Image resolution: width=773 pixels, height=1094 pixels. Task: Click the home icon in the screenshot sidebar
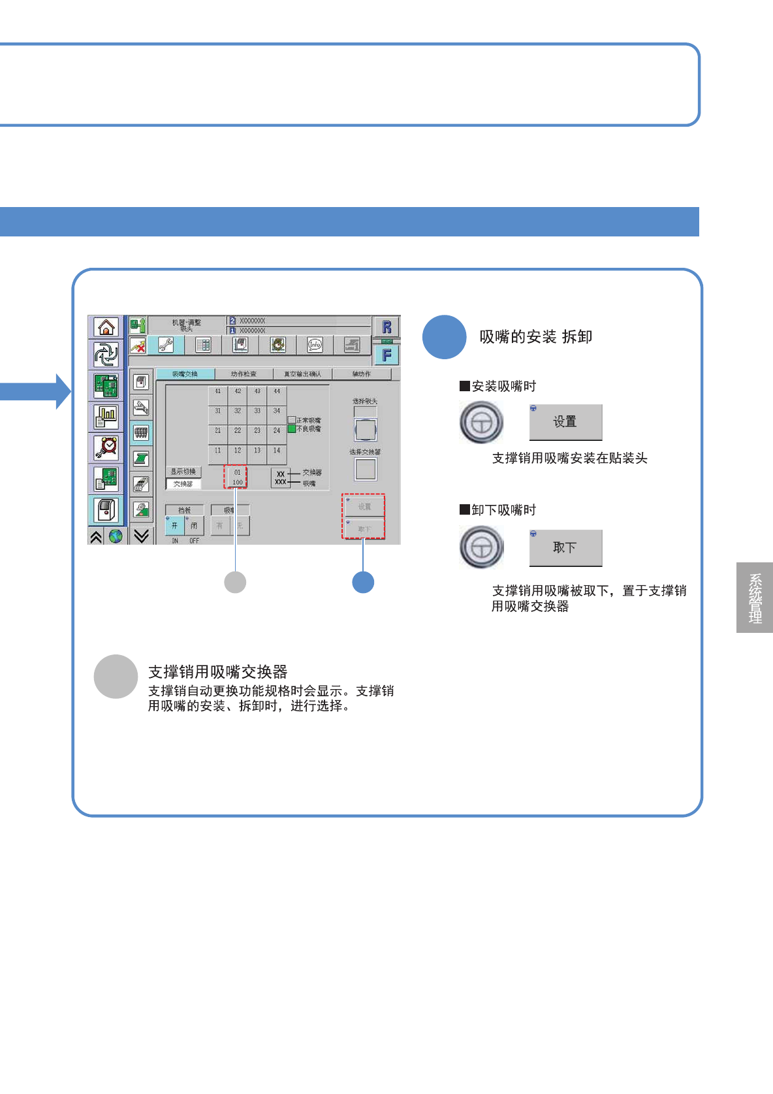106,327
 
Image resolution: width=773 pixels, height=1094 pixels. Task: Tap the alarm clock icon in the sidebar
106,447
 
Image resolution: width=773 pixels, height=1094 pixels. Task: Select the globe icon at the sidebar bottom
116,536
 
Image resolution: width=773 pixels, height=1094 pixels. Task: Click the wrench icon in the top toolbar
166,345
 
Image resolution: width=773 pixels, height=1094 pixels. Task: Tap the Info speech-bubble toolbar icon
315,345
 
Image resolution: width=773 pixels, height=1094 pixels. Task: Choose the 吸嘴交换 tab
185,374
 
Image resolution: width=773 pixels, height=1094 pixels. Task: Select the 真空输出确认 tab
302,374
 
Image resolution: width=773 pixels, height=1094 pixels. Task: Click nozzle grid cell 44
277,392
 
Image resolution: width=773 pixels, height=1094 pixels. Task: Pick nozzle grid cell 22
238,431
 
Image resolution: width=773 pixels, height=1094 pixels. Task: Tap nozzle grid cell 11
218,451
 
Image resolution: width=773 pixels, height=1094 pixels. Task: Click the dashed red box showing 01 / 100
236,477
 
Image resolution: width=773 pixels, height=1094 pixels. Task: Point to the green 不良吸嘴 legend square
292,429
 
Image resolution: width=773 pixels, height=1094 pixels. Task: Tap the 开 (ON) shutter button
174,525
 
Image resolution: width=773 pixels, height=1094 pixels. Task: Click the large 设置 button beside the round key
565,422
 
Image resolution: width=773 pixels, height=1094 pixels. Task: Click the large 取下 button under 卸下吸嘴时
565,548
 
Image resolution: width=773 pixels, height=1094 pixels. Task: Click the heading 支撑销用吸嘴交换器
218,672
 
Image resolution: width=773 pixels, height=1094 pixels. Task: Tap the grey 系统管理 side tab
755,598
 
